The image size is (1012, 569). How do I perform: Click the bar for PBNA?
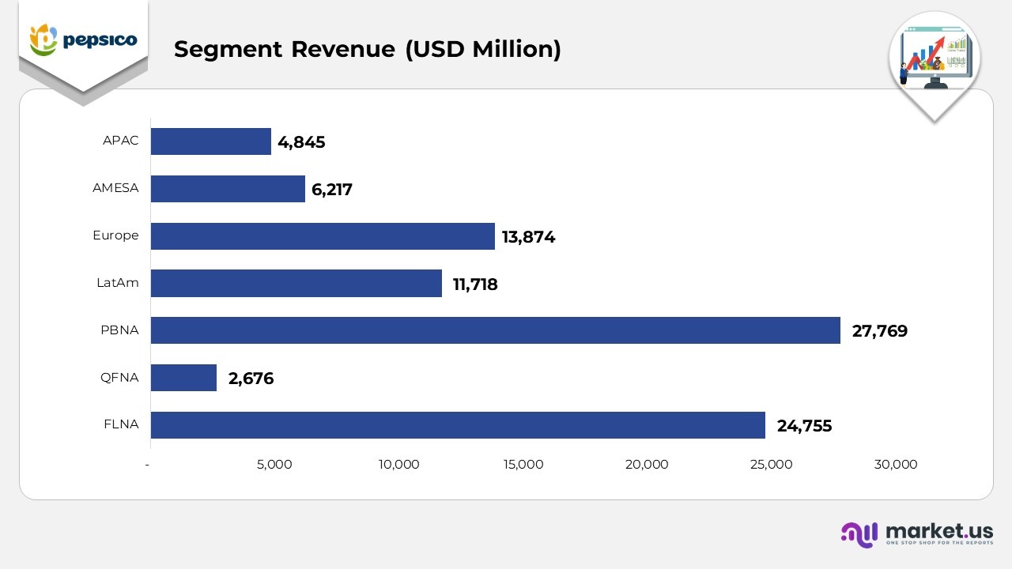(x=495, y=330)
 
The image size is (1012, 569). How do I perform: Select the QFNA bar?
(x=183, y=378)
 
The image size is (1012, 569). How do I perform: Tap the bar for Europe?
(x=323, y=236)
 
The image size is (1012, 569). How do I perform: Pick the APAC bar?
(x=210, y=141)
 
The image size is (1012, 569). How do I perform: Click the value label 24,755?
(x=804, y=426)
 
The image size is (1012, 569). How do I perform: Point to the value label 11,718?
(x=474, y=284)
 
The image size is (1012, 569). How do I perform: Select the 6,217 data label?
(x=332, y=190)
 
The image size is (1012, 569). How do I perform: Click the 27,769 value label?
(x=879, y=331)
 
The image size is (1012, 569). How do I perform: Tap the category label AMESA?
(x=115, y=188)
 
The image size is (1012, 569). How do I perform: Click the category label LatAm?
(x=117, y=283)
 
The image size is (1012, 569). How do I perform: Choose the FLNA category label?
(x=121, y=424)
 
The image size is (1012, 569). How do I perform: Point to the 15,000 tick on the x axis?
(x=523, y=465)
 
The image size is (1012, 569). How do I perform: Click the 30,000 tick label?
(x=895, y=465)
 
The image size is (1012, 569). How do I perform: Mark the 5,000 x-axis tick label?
(x=274, y=465)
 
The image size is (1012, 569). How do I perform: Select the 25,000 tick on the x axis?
(x=771, y=465)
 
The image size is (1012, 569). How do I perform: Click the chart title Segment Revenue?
(x=367, y=49)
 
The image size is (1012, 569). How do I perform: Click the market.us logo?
(x=916, y=534)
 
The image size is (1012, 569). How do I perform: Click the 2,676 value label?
(x=251, y=379)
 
